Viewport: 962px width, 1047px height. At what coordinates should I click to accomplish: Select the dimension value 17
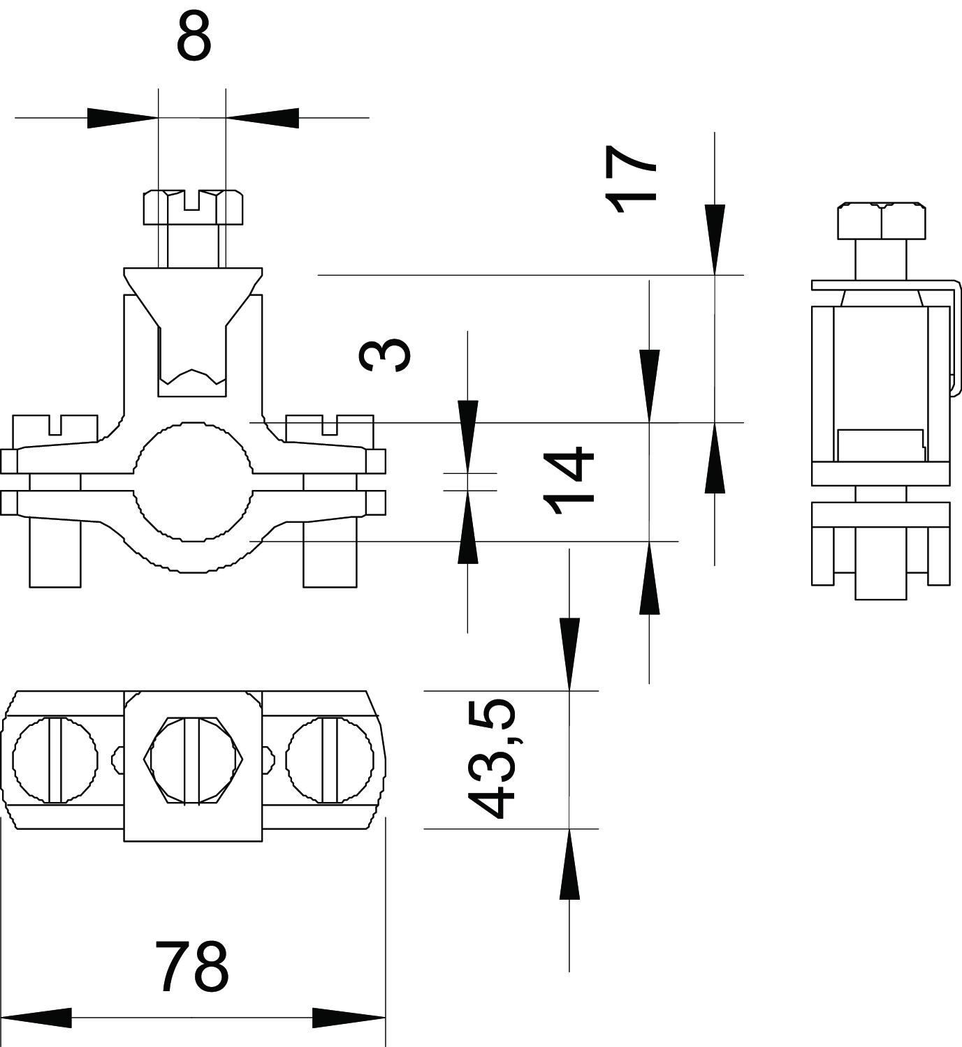point(632,179)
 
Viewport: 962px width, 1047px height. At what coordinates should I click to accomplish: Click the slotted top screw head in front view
point(194,207)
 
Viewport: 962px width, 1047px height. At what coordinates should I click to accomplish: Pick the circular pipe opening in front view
point(192,481)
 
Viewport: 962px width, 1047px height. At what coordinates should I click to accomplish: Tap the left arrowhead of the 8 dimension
point(123,118)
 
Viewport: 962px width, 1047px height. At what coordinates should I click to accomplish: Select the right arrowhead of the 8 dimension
point(262,118)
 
